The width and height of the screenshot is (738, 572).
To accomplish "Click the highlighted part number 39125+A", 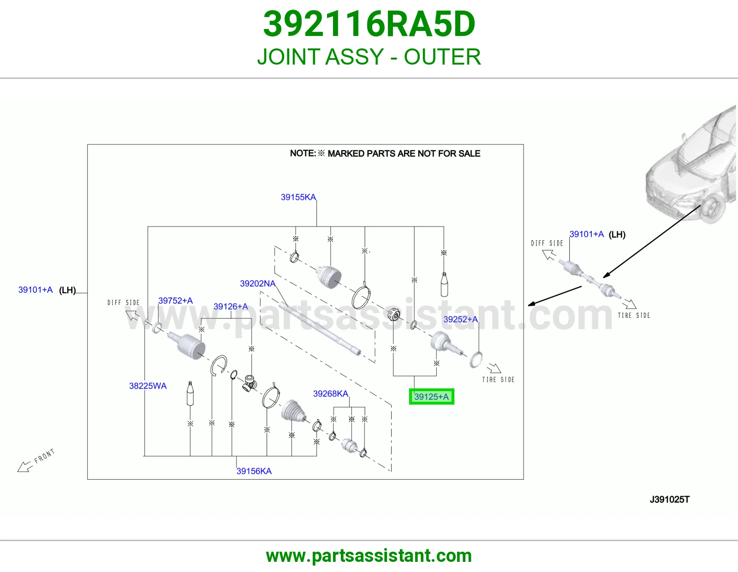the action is (x=431, y=396).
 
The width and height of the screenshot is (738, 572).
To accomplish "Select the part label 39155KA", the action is (x=298, y=197).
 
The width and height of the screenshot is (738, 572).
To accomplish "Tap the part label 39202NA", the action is (x=257, y=283).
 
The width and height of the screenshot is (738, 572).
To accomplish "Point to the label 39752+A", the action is (x=175, y=300).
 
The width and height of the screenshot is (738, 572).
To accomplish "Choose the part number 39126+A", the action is (x=231, y=306).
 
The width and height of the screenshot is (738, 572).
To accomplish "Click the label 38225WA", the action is (x=148, y=386).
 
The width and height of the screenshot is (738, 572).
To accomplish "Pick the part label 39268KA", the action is (x=330, y=393).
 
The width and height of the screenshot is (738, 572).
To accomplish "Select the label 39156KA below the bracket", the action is (x=254, y=471).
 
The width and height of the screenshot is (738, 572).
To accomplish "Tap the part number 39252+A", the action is (x=460, y=319).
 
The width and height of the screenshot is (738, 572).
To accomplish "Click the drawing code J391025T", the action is (x=669, y=499).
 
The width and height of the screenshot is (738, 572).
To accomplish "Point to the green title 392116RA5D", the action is (x=369, y=24).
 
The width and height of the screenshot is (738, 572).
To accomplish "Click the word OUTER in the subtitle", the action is (x=442, y=57).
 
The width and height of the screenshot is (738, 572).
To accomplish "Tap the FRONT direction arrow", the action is (x=25, y=466).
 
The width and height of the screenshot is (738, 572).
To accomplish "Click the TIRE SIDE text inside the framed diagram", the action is (x=498, y=379).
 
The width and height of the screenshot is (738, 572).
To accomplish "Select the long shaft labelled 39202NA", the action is (x=320, y=329).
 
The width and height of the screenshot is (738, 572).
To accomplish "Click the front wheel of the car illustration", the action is (x=712, y=208).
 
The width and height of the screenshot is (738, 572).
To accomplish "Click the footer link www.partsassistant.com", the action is (x=369, y=556).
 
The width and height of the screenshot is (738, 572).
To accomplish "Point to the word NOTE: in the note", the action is (x=303, y=153).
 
